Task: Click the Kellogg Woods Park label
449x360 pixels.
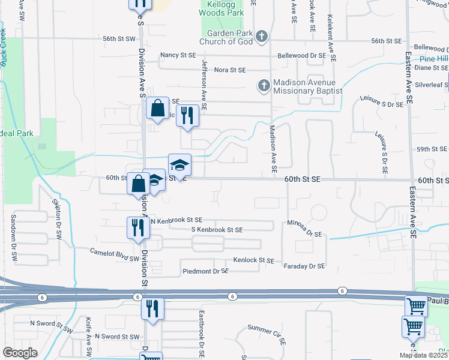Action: tap(222, 8)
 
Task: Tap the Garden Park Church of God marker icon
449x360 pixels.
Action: tap(261, 37)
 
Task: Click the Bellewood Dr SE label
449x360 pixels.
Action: tap(301, 55)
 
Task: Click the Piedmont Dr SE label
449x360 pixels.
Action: tap(205, 271)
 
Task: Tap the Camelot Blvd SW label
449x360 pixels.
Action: tap(114, 254)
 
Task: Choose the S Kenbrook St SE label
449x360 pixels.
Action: tap(217, 230)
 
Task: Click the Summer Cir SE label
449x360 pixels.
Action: tap(267, 335)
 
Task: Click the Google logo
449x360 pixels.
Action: tap(20, 353)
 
